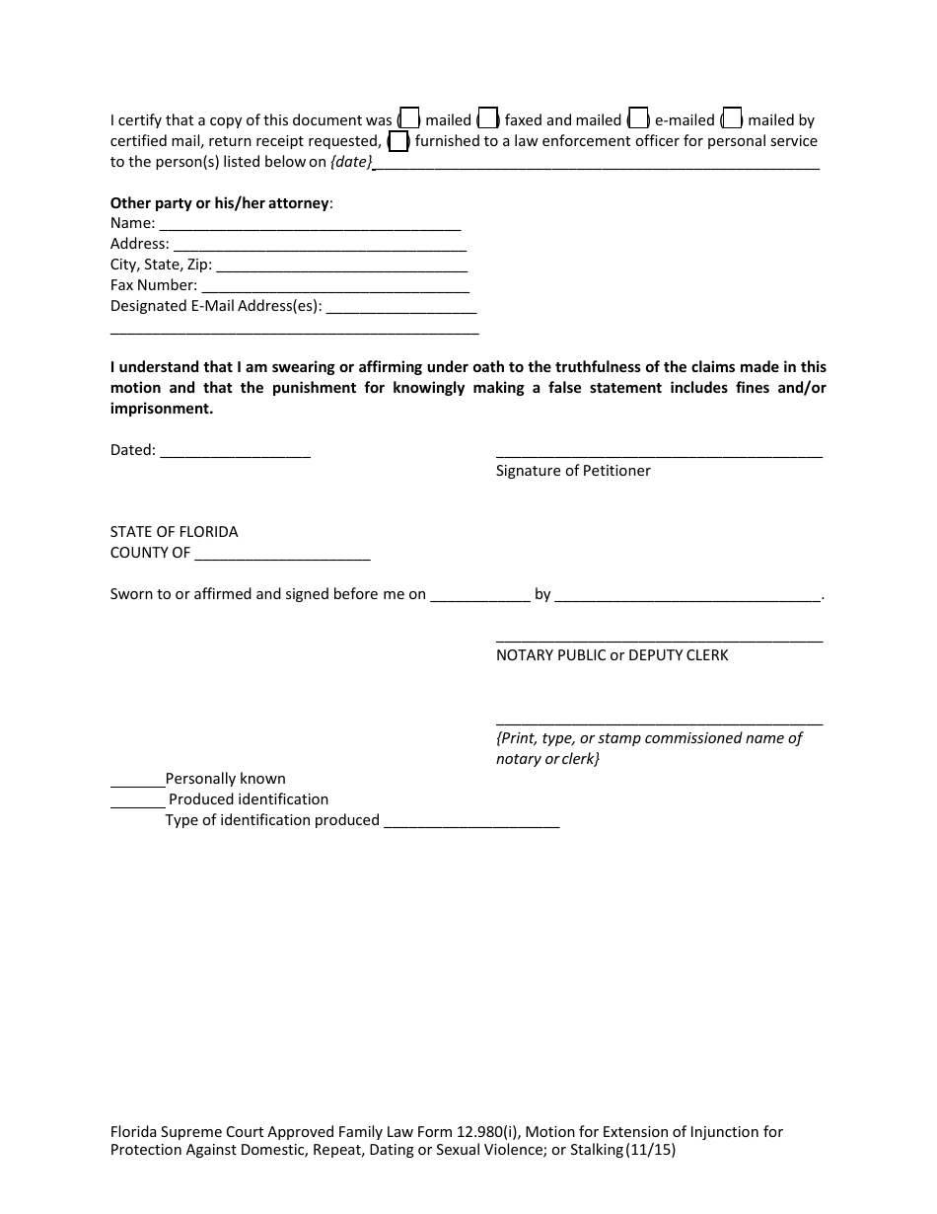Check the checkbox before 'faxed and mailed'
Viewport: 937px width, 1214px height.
click(488, 119)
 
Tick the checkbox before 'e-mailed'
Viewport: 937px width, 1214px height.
click(638, 119)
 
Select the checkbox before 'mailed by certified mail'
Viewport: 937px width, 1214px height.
click(731, 119)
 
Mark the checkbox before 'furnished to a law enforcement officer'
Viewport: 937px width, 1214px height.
click(398, 141)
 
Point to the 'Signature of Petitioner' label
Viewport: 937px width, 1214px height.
click(573, 471)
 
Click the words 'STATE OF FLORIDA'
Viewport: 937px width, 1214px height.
click(174, 532)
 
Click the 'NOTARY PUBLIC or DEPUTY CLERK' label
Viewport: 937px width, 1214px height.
click(612, 655)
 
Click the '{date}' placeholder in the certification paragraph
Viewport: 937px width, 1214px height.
click(351, 162)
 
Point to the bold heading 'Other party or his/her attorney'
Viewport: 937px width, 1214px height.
click(220, 203)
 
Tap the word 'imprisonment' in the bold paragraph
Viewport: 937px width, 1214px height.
click(160, 409)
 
